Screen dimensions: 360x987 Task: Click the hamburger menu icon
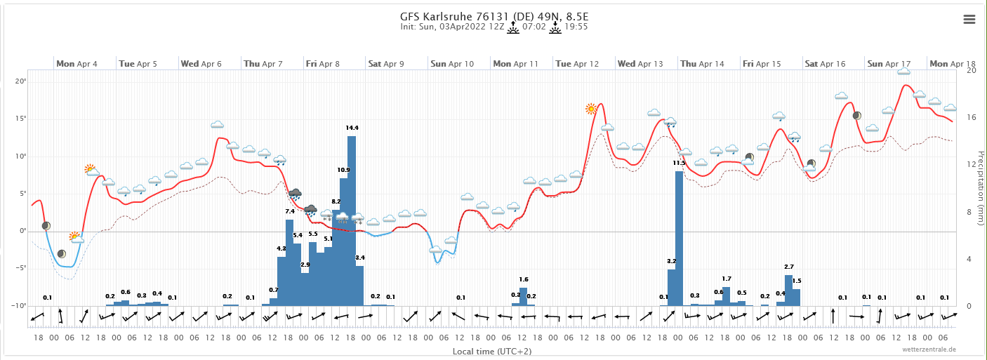(x=969, y=19)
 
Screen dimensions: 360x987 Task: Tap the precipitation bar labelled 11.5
(x=679, y=239)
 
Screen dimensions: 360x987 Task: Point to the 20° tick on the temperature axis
(x=20, y=81)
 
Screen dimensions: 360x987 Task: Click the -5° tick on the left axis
(x=20, y=268)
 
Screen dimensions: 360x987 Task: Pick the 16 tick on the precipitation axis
(x=972, y=118)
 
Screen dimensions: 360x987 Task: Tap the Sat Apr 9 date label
(x=385, y=64)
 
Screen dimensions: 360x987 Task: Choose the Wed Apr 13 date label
(x=640, y=64)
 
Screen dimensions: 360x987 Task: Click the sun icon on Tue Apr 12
(x=592, y=109)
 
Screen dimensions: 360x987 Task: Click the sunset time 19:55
(x=576, y=27)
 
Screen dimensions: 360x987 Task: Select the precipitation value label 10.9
(x=343, y=170)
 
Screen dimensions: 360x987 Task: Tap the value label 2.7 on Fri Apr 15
(x=788, y=267)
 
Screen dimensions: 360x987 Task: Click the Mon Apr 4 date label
(x=77, y=64)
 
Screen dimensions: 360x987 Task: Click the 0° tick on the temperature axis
(x=22, y=231)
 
